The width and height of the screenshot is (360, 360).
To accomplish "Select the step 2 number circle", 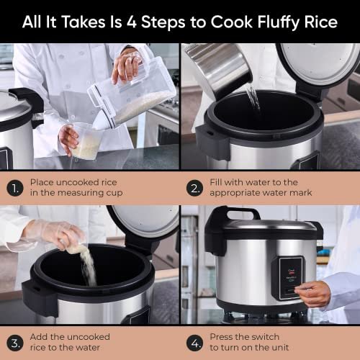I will tap(195, 188).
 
